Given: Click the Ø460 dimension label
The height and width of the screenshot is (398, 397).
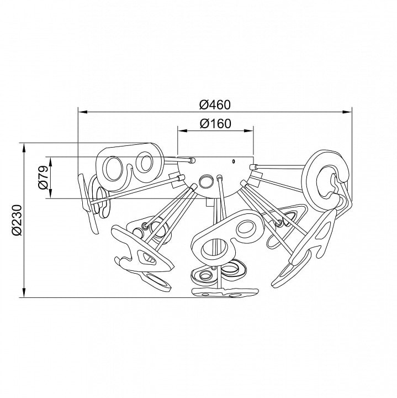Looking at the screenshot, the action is point(215,105).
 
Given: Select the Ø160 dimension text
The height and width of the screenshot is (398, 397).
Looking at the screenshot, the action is point(215,124).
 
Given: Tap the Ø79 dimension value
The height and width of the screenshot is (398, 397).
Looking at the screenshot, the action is point(44,177).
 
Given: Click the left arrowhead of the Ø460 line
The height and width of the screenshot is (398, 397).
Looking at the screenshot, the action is point(83,112).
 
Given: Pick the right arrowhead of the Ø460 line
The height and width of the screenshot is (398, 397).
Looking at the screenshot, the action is point(347,112).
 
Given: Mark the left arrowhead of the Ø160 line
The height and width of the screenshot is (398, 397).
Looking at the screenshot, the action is point(182,130).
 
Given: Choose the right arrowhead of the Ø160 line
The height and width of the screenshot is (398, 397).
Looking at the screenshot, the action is point(248,130).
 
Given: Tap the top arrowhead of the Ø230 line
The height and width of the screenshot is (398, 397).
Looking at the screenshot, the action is point(24,148).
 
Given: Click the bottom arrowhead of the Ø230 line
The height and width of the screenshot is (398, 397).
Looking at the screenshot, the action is point(24,292).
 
